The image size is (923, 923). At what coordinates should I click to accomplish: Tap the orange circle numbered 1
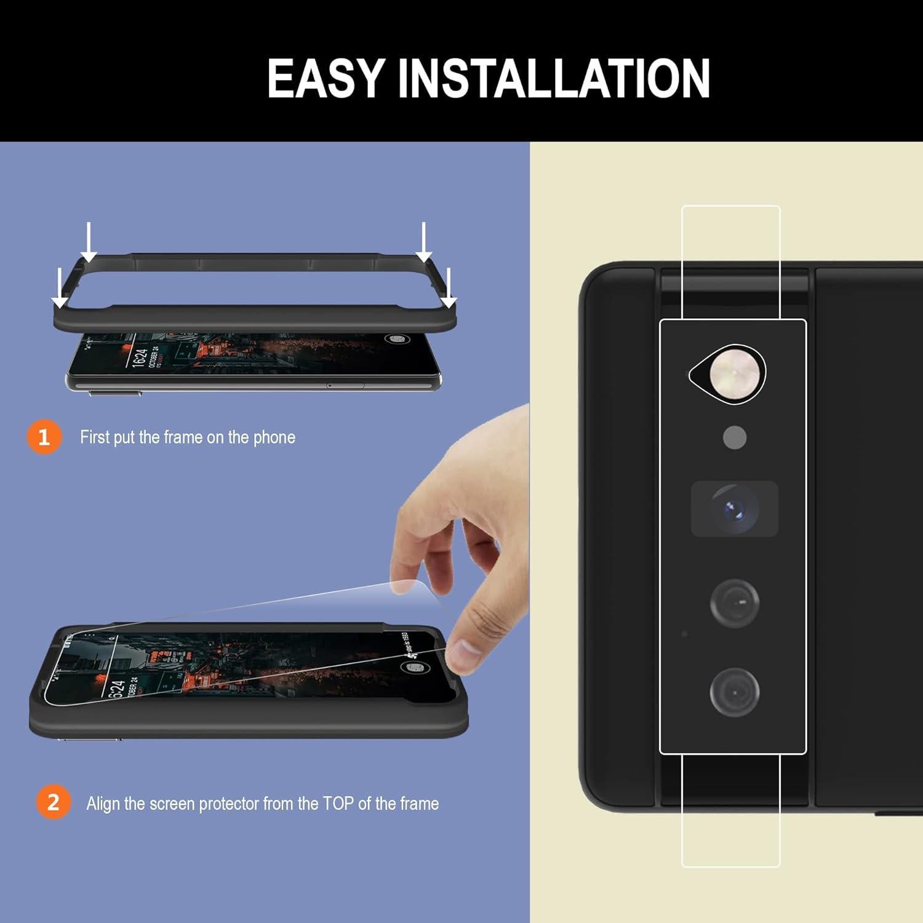click(44, 437)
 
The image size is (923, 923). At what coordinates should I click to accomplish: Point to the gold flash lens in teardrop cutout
click(730, 374)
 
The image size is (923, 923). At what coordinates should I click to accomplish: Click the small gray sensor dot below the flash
click(735, 438)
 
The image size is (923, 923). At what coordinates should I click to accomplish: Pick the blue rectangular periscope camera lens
click(734, 509)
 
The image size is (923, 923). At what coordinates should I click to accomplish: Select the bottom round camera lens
click(735, 692)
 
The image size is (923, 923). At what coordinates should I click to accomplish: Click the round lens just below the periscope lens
click(735, 603)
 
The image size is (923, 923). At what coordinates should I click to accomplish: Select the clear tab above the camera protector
click(731, 262)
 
